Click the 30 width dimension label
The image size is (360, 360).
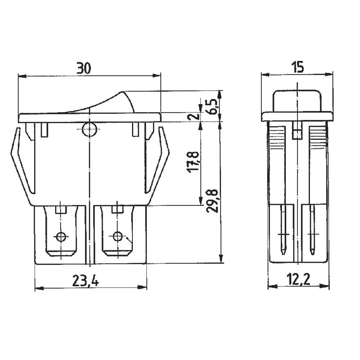tap(84, 68)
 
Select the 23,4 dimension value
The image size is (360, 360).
tap(85, 280)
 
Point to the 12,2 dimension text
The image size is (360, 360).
tap(298, 279)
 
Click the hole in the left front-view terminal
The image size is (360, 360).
tap(61, 237)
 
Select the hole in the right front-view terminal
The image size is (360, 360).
tap(117, 237)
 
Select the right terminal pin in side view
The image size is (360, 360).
tap(312, 230)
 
